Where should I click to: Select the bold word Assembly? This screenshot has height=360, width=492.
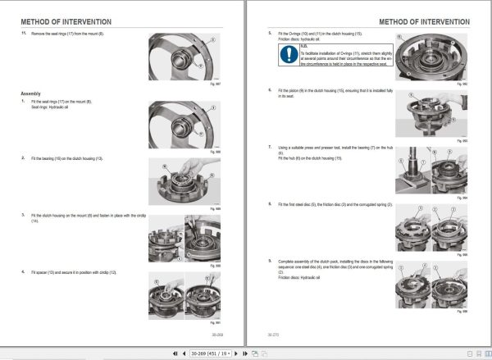[x=30, y=93]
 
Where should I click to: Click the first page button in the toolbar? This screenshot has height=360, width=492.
[x=175, y=353]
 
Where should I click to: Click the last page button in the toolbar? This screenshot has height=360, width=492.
[x=245, y=353]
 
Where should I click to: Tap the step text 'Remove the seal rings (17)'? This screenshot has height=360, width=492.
[x=73, y=34]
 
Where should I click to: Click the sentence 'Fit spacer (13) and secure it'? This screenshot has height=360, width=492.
[x=75, y=271]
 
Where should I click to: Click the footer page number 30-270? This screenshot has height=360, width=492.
[x=274, y=335]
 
